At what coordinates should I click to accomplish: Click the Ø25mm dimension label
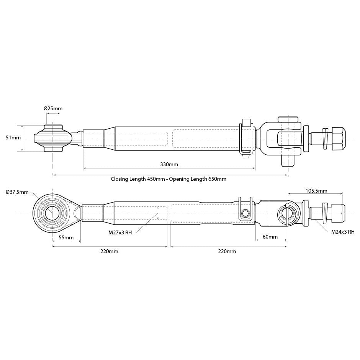53,108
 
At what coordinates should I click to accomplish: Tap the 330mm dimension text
169,164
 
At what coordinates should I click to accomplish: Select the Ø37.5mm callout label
17,192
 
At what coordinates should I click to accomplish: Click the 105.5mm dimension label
316,191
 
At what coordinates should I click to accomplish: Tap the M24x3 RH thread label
343,232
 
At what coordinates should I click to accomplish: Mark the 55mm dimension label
66,237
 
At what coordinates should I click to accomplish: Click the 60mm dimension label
270,237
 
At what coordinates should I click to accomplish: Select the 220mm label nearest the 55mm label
109,251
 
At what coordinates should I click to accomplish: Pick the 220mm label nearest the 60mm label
227,251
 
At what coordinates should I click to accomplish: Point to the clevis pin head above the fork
288,119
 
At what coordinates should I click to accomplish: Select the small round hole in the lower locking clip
245,213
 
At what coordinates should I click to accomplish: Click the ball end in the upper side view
53,138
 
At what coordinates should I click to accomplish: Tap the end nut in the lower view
337,213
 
